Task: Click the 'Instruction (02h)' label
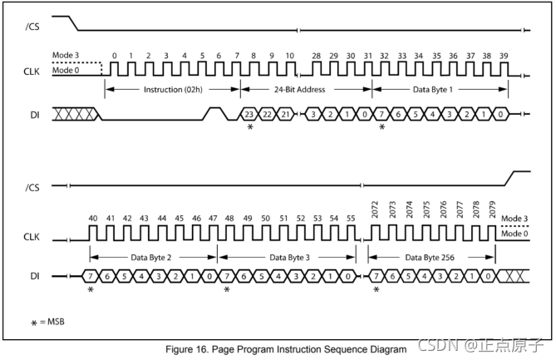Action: coord(171,89)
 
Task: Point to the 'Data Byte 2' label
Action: coord(152,257)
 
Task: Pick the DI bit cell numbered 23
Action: coord(248,114)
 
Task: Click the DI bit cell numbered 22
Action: coord(266,114)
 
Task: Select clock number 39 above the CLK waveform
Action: coord(504,54)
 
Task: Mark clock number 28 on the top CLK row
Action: coord(316,54)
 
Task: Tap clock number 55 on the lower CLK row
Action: coord(351,219)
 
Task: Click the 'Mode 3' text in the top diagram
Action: coord(66,54)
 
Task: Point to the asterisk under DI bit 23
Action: coord(248,127)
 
